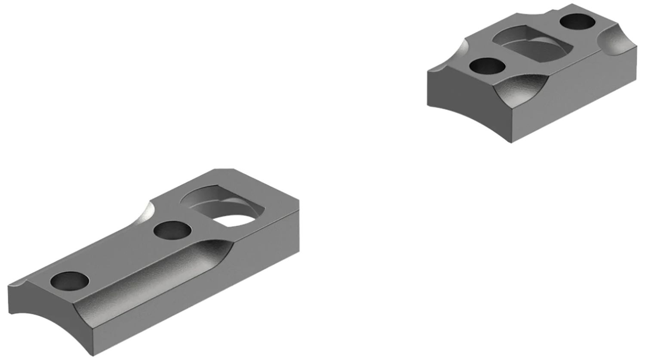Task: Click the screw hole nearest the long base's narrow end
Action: (x=70, y=281)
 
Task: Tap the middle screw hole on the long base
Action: (x=172, y=231)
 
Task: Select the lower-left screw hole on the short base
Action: (x=487, y=66)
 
